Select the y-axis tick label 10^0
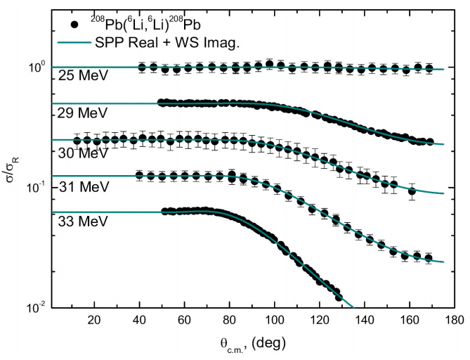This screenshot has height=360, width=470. click(x=37, y=67)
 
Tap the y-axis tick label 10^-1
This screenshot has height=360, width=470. click(x=36, y=188)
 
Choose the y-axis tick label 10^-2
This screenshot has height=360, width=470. click(x=36, y=307)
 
